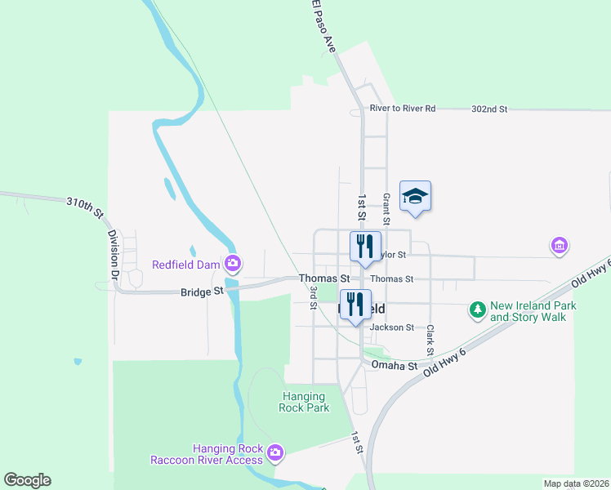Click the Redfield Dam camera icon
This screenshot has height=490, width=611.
tap(233, 264)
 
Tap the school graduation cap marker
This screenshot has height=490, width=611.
tap(415, 196)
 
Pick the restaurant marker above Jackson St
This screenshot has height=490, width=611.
tap(355, 304)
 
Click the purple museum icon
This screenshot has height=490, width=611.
tap(560, 245)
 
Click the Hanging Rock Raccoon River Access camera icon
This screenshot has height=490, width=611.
tap(275, 452)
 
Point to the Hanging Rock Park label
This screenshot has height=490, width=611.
tap(304, 402)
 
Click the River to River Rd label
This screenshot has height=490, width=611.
tap(403, 108)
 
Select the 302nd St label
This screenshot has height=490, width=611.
tap(489, 109)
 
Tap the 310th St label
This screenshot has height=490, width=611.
tap(85, 208)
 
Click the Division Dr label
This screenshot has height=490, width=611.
tap(114, 256)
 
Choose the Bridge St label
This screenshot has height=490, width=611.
tap(202, 291)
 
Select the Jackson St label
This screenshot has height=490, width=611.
tap(392, 327)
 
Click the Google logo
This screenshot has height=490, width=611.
tap(27, 480)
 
